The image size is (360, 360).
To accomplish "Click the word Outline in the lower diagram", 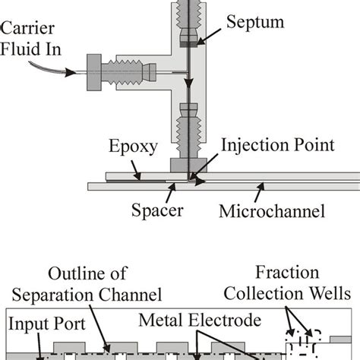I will (x=74, y=273).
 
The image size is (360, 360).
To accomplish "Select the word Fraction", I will (x=313, y=273).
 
